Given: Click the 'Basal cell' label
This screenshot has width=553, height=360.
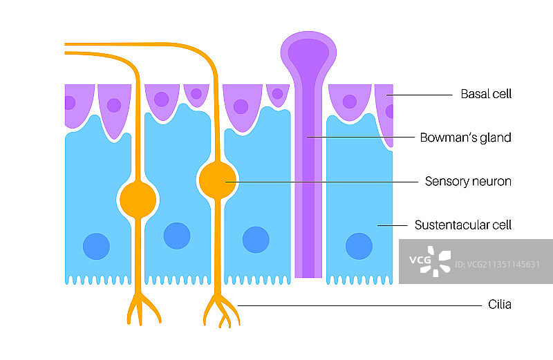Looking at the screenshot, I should (486, 94).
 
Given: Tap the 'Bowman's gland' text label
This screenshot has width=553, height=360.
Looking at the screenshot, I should (465, 138).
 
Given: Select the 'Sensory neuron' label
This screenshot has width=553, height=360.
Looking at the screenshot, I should (467, 182).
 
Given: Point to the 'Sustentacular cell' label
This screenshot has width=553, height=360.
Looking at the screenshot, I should (462, 225).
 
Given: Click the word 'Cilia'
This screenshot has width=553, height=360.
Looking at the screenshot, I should (498, 304).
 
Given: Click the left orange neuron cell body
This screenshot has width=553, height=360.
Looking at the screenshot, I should (138, 200).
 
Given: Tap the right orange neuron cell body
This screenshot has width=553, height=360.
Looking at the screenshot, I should (218, 181).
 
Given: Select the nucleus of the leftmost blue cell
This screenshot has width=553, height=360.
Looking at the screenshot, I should (96, 245).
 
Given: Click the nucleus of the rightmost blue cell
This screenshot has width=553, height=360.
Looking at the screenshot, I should (359, 245).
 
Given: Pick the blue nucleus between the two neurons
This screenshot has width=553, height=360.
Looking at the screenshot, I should (177, 236).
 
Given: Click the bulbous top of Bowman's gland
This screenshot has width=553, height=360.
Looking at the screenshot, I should (308, 52).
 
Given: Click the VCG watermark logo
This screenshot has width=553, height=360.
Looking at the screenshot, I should (429, 261).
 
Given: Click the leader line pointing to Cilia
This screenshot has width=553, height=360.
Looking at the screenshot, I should (359, 305).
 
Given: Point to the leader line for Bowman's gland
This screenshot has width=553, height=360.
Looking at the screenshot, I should (359, 138).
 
